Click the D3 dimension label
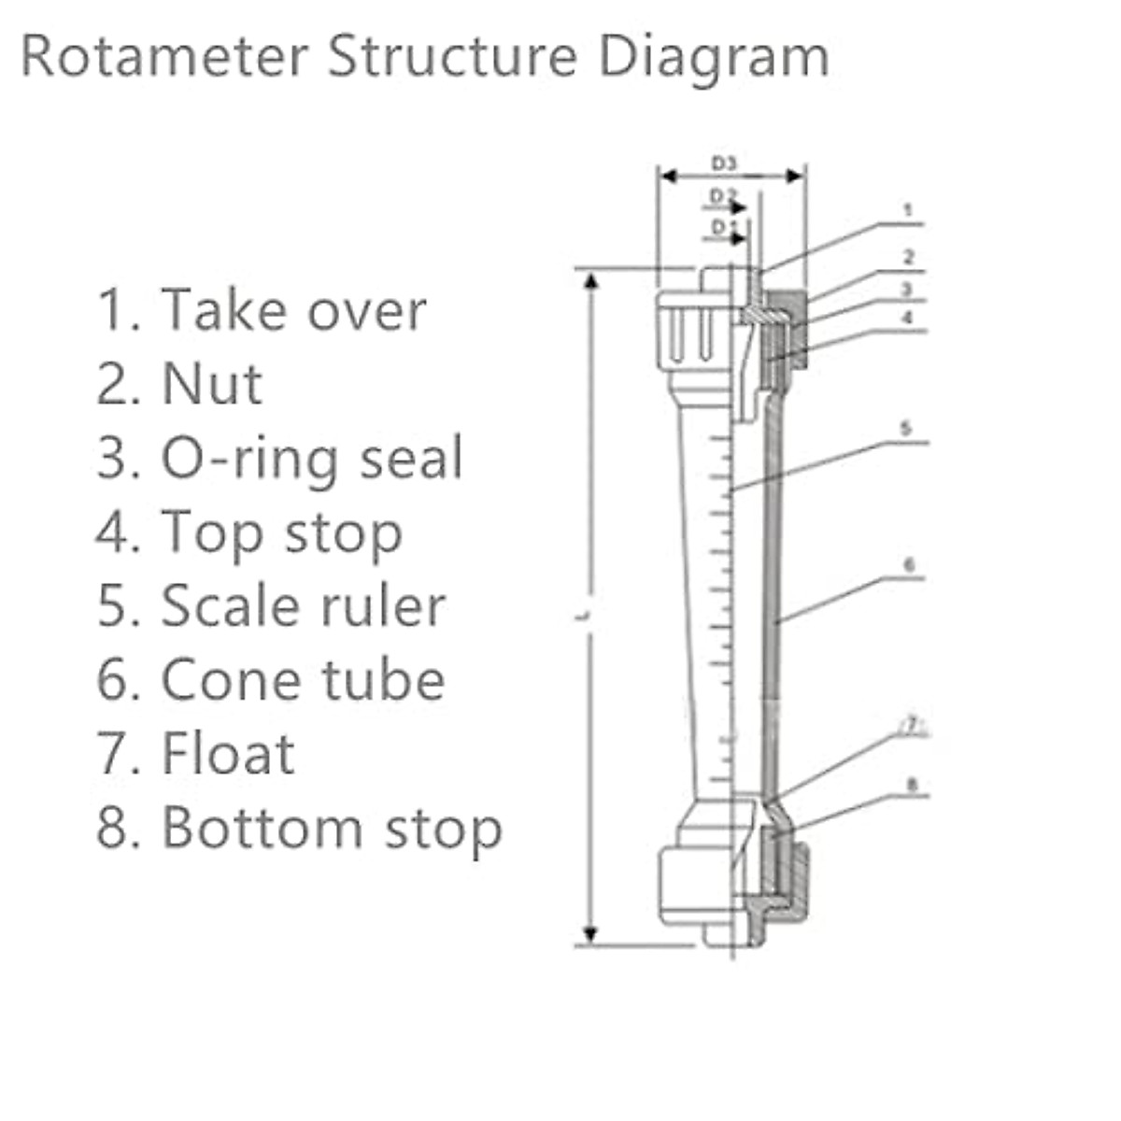[x=724, y=163]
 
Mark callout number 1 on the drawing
[x=907, y=211]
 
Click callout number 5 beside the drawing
[x=905, y=429]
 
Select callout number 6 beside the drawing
[x=909, y=565]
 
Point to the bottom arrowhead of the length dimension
[x=590, y=932]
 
